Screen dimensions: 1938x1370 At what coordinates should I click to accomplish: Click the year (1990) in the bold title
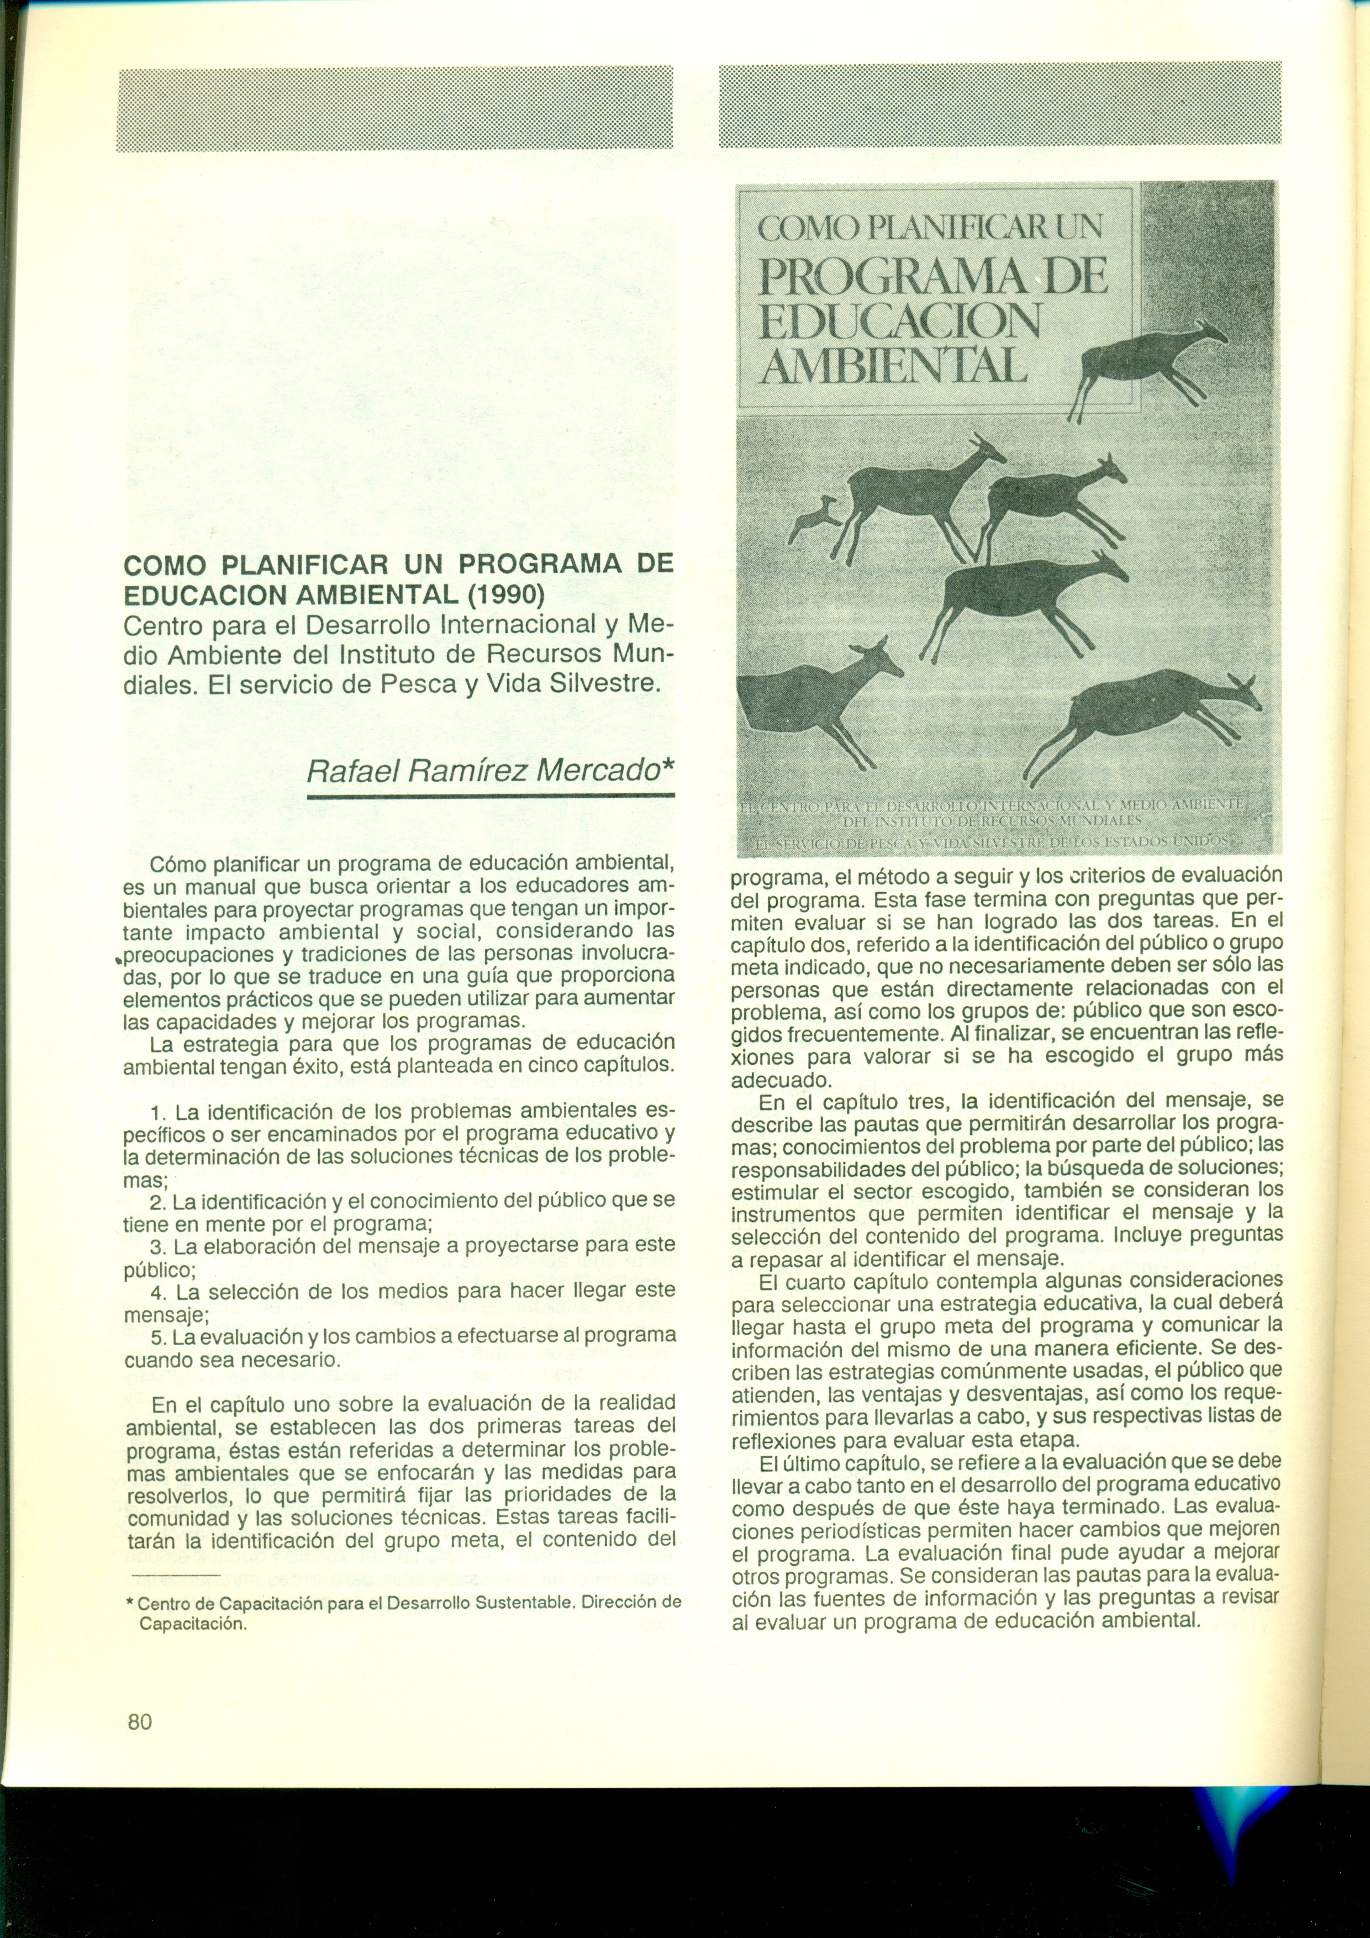[505, 595]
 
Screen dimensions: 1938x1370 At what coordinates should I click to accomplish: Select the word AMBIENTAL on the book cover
[893, 367]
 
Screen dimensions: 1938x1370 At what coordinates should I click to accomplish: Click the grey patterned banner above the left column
[394, 109]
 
